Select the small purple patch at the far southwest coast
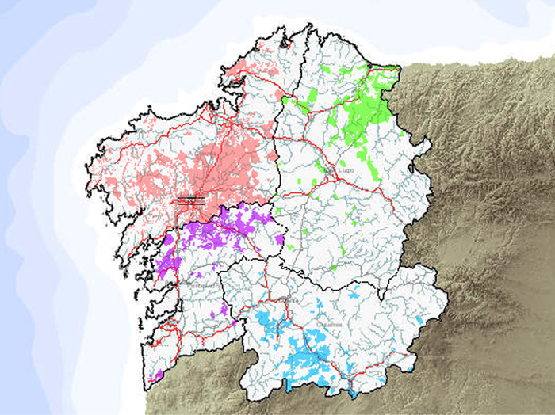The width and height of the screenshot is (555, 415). pos(157,373)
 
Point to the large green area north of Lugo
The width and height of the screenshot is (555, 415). pos(365,111)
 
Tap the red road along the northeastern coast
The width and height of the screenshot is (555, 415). pos(373,71)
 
